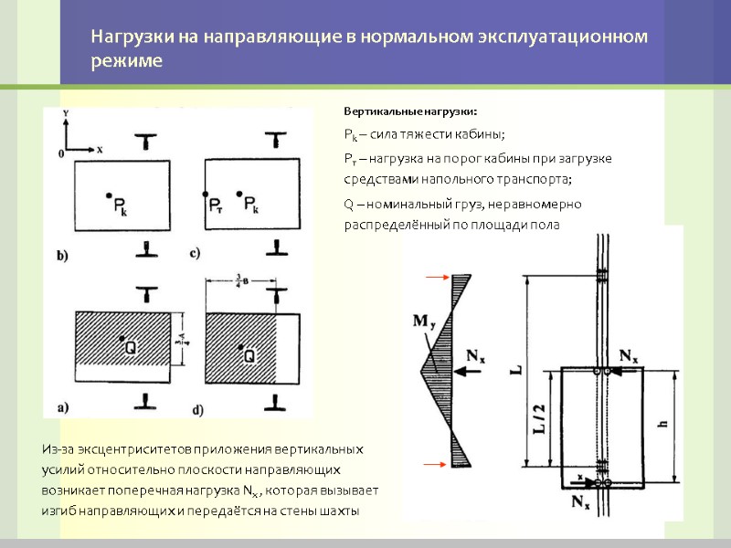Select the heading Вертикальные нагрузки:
pos(410,111)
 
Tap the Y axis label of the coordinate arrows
pos(69,113)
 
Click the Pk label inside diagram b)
pos(121,206)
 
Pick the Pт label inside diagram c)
pos(216,205)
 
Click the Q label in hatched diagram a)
pos(132,347)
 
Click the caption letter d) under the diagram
pos(196,406)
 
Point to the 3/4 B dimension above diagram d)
pos(237,280)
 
